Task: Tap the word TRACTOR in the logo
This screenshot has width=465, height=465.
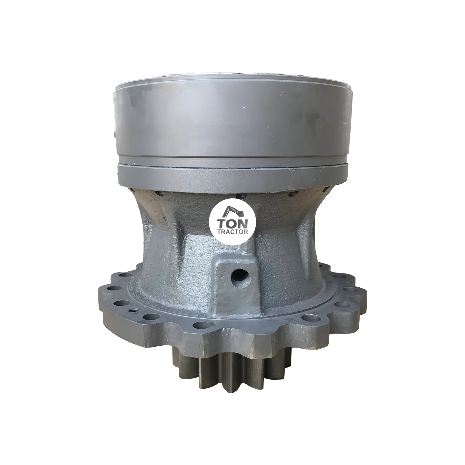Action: [x=232, y=233]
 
